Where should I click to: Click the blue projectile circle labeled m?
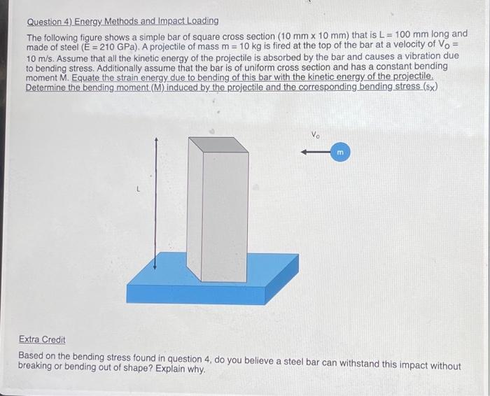[341, 152]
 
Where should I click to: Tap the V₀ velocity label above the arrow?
[315, 134]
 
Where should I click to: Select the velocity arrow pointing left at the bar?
[312, 152]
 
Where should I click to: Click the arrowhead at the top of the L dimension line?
[157, 140]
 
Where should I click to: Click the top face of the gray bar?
[218, 144]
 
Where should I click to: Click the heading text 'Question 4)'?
[51, 21]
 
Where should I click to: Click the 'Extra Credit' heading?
[42, 339]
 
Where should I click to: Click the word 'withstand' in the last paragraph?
[368, 365]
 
